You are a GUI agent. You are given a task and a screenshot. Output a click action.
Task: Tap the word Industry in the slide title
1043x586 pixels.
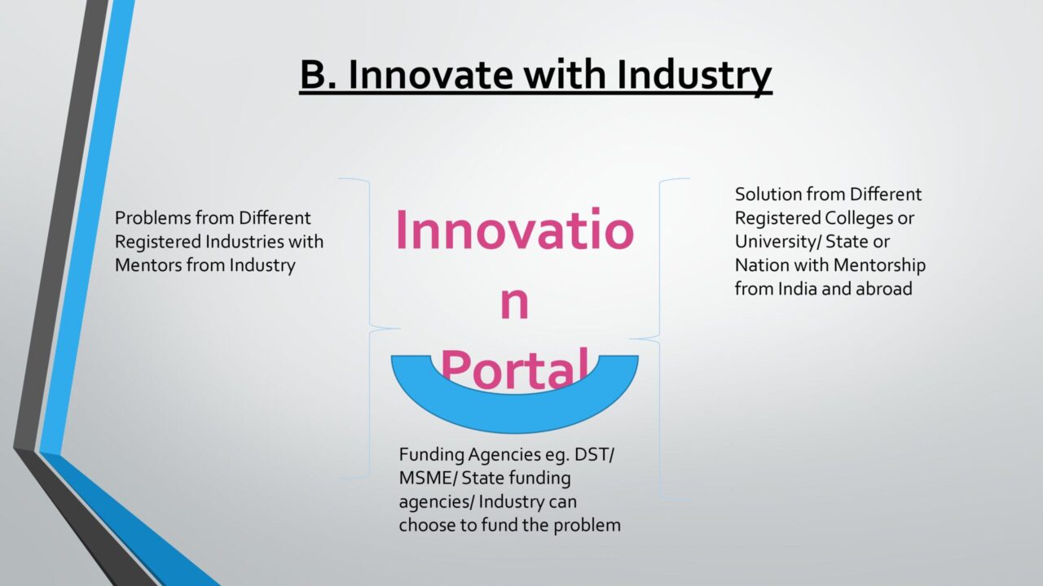[694, 77]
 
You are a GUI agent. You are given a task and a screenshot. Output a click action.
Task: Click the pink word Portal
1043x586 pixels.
[514, 370]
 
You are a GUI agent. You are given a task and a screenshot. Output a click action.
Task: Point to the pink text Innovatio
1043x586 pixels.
[514, 230]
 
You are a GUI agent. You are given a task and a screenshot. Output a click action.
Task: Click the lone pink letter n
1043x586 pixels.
[514, 304]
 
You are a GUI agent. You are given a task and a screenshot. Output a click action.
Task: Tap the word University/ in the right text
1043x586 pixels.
[778, 243]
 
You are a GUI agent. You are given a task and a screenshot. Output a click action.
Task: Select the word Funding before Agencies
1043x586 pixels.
[432, 455]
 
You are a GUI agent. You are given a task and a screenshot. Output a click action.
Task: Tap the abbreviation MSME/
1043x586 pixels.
[429, 478]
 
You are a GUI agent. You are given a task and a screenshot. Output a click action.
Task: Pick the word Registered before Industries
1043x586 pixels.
[158, 243]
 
